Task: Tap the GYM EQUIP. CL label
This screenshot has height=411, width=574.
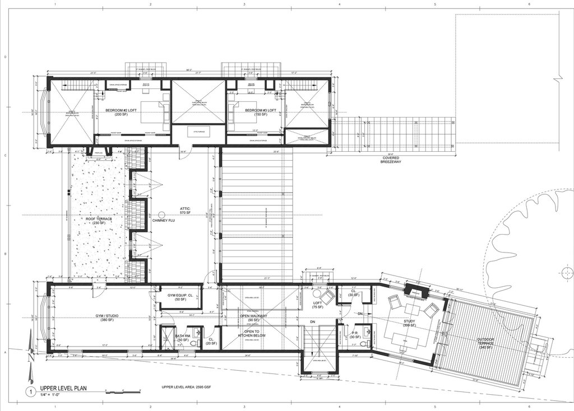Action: click(x=180, y=296)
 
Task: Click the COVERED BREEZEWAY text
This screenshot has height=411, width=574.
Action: click(x=391, y=161)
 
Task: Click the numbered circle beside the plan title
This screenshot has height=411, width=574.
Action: click(x=29, y=392)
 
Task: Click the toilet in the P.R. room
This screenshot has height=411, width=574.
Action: click(x=364, y=343)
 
